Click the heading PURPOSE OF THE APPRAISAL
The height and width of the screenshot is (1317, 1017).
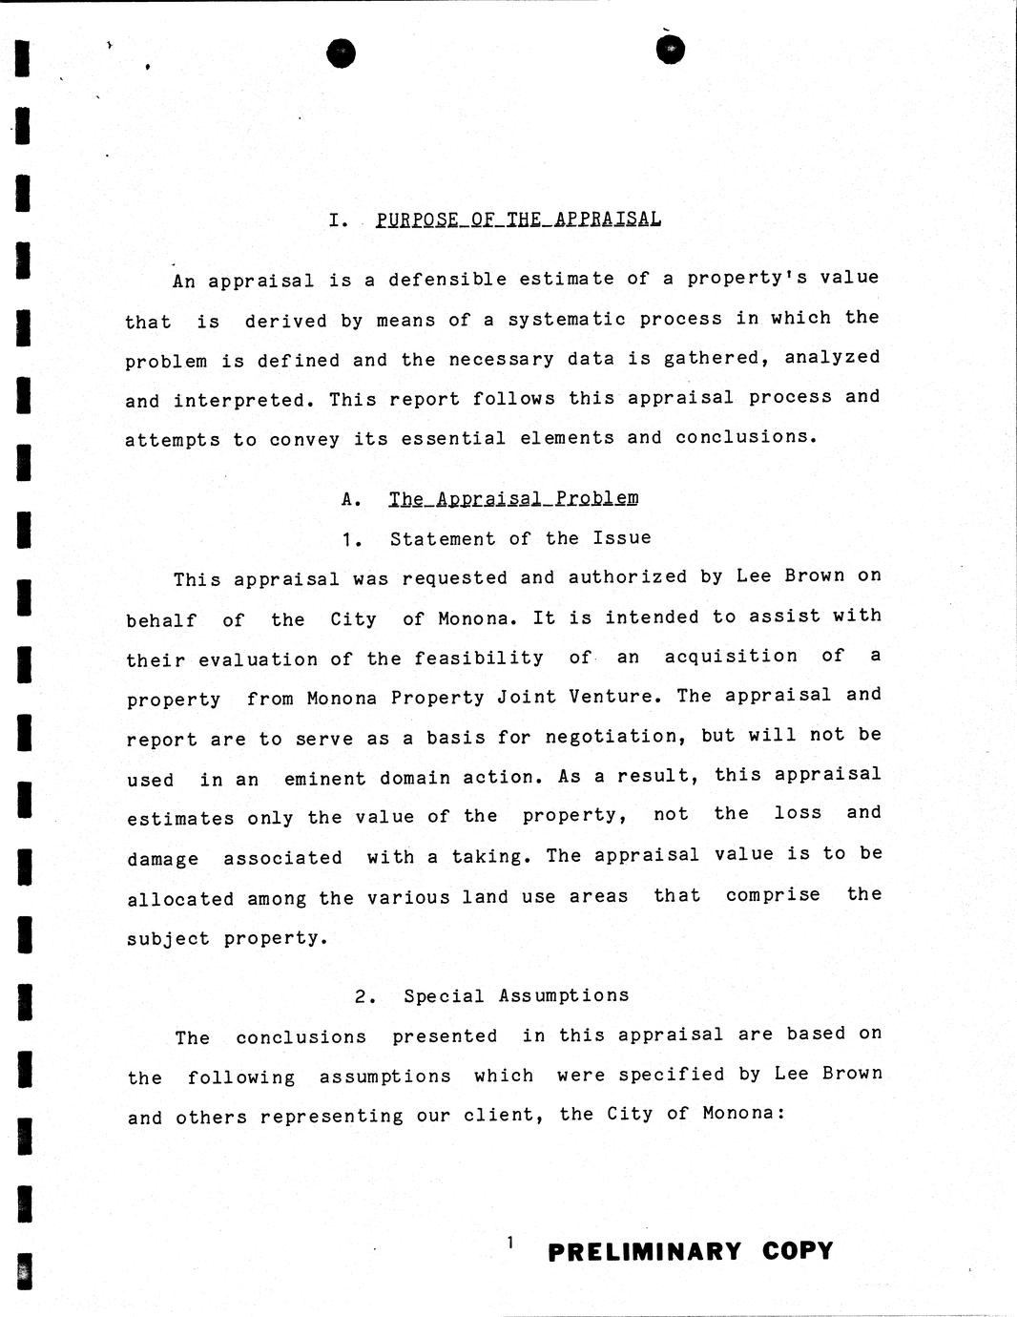point(518,219)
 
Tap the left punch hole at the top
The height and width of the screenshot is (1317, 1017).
point(341,53)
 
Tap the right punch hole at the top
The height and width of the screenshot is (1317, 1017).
point(672,49)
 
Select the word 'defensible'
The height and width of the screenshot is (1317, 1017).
point(447,280)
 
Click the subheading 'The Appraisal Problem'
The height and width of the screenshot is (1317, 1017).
point(513,498)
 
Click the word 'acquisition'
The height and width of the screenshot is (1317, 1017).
point(731,656)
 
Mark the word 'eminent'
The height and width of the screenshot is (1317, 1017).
point(324,779)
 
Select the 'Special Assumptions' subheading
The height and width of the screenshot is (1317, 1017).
point(516,996)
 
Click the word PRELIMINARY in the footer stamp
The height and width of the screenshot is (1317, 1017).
point(644,1251)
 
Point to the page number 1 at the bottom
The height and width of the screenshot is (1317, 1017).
point(510,1242)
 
